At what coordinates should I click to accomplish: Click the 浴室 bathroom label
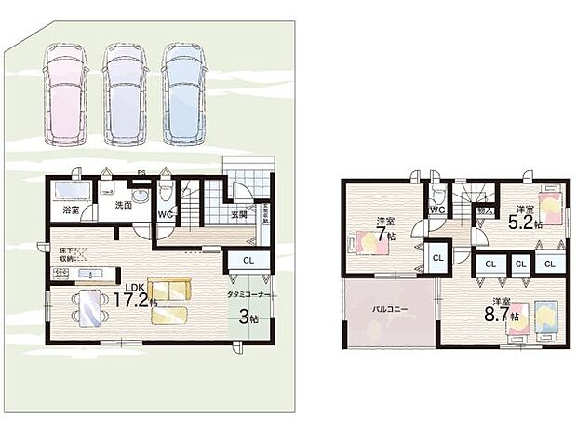(71, 210)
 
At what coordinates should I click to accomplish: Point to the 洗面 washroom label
(124, 205)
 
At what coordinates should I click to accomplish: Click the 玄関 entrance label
(237, 215)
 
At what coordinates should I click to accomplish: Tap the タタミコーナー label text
(247, 293)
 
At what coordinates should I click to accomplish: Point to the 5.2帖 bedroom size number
(524, 223)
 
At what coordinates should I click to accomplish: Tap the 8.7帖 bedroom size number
(500, 314)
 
